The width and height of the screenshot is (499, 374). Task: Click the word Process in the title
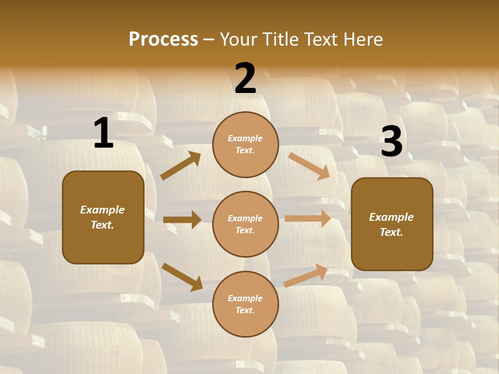tap(163, 39)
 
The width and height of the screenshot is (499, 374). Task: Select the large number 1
tap(103, 133)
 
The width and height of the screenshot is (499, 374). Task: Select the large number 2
tap(245, 78)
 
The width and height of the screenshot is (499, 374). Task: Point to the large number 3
tap(391, 142)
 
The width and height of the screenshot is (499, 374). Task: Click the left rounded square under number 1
tap(103, 217)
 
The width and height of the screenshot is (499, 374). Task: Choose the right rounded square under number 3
tap(392, 224)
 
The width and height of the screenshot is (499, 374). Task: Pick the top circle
tap(245, 144)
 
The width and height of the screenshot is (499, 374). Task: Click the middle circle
tap(245, 224)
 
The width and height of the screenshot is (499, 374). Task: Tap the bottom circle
tap(245, 304)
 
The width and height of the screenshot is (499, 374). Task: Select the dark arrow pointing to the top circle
tap(180, 166)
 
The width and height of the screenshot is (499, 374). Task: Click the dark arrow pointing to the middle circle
tap(182, 220)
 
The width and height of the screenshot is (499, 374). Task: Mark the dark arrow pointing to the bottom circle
tap(182, 277)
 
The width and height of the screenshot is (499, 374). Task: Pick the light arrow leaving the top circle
tap(309, 166)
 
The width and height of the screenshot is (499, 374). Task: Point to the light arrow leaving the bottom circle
tap(306, 276)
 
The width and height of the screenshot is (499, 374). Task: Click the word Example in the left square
tap(102, 210)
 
